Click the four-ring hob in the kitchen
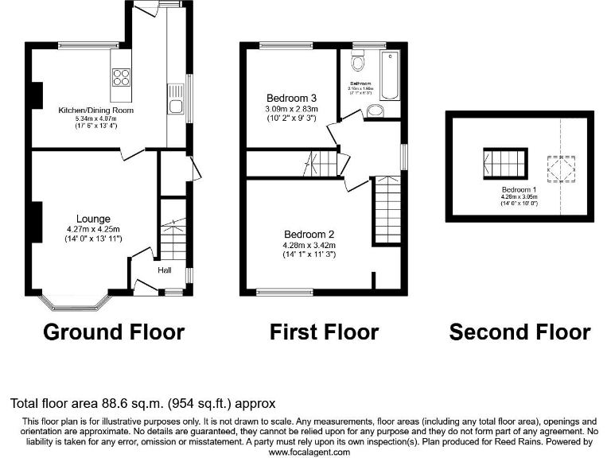coord(121,77)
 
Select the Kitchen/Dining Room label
coord(95,110)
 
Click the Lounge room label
coord(93,219)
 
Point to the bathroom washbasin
coord(376,111)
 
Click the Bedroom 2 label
coord(309,235)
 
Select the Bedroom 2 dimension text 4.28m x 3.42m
coord(309,245)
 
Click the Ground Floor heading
coord(113,332)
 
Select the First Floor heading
coord(324,332)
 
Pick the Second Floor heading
coord(520,332)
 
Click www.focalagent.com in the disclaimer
coord(309,452)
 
